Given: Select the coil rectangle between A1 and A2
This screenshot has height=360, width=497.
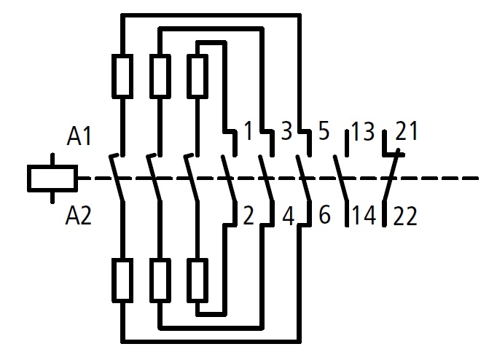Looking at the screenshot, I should point(52,178).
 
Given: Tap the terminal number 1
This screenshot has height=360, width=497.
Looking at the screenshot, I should point(249,132).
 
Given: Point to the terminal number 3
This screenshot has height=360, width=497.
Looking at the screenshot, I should point(286,132).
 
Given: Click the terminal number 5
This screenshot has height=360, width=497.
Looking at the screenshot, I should point(324,132).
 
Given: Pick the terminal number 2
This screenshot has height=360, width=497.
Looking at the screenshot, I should point(249,216).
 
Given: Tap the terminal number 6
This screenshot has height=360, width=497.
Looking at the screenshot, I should point(324,216).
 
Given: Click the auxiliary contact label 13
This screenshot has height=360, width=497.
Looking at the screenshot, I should point(362,133).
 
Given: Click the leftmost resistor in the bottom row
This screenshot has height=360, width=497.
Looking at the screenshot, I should point(122,281).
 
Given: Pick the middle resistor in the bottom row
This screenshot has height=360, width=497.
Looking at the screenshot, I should point(160,281).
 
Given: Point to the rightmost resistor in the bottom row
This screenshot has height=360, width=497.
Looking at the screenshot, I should point(197,281).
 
